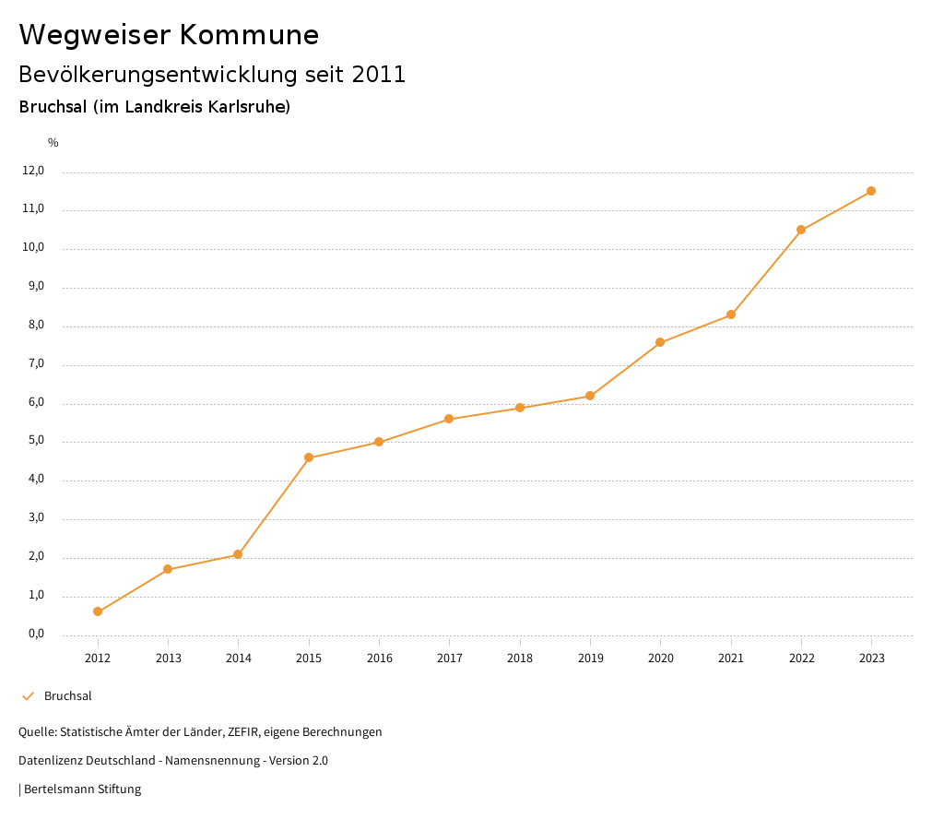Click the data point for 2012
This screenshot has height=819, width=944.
tap(98, 611)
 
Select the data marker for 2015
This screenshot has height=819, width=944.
tap(309, 457)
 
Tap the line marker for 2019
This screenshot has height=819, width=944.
tap(590, 396)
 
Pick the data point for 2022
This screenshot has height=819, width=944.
tap(801, 230)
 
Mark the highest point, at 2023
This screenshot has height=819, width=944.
tap(871, 191)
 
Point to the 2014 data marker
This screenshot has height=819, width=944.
tap(238, 554)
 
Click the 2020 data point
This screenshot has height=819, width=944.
tap(660, 342)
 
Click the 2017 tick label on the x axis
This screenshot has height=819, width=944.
tap(450, 659)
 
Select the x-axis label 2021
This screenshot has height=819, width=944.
tap(731, 659)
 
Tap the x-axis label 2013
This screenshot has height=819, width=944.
tap(168, 659)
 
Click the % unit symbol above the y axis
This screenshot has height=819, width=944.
tap(53, 143)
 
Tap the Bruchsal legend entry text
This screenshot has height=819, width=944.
tap(68, 696)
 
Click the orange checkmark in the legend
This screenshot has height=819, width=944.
tap(28, 696)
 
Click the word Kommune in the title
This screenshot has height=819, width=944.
tap(250, 35)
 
